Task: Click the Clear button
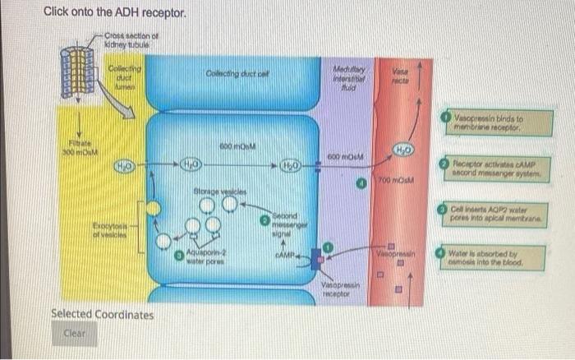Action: [74, 335]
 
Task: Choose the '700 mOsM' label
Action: [395, 180]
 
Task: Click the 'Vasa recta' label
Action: [402, 75]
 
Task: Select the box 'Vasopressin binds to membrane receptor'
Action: [493, 123]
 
